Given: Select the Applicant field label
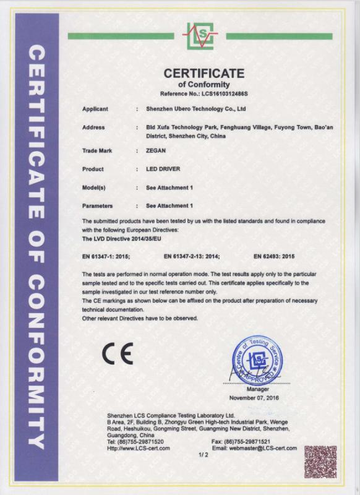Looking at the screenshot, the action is (95, 108).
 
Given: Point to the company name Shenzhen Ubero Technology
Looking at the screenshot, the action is (196, 108).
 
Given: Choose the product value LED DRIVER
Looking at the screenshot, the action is (163, 168).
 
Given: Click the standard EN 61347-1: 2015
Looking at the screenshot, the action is (109, 255).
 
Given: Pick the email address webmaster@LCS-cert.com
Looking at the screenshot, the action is (254, 448).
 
